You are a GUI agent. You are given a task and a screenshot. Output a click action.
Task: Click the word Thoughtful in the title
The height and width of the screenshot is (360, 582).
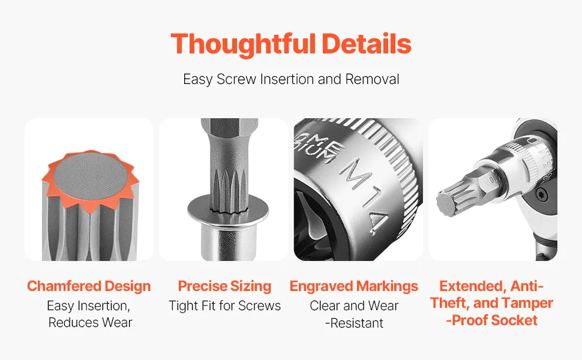click(x=243, y=44)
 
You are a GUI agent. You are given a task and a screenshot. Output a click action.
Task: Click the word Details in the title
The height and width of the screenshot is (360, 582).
click(x=367, y=44)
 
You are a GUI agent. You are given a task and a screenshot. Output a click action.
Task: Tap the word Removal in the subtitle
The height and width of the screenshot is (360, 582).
click(x=372, y=79)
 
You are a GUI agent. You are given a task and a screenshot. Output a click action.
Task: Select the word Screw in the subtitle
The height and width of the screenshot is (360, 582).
click(x=236, y=79)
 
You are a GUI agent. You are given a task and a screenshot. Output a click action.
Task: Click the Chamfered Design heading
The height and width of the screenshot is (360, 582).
click(x=89, y=286)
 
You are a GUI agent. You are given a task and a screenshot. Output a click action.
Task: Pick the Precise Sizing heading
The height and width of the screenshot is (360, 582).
click(x=224, y=286)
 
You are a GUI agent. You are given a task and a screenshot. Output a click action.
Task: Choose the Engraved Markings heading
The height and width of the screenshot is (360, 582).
click(x=354, y=286)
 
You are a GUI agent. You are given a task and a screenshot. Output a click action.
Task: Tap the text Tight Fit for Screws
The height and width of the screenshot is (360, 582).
click(x=224, y=306)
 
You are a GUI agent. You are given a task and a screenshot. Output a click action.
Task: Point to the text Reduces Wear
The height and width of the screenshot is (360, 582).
click(x=90, y=323)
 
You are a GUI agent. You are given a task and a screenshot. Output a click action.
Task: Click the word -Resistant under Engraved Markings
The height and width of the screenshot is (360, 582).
click(x=354, y=323)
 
